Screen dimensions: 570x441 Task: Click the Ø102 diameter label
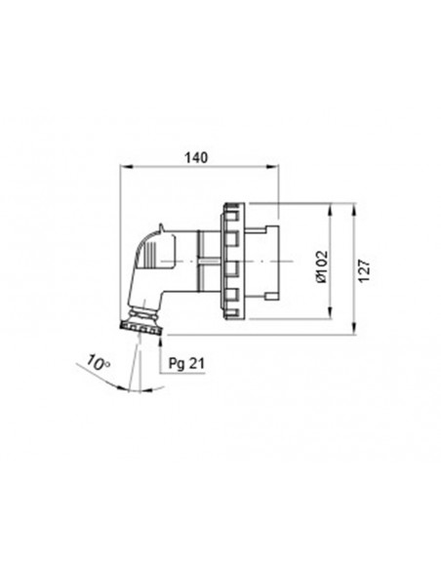pyautogui.click(x=322, y=265)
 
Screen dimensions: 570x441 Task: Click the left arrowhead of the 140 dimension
pyautogui.click(x=123, y=169)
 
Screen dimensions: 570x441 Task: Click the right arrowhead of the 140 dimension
pyautogui.click(x=278, y=169)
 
